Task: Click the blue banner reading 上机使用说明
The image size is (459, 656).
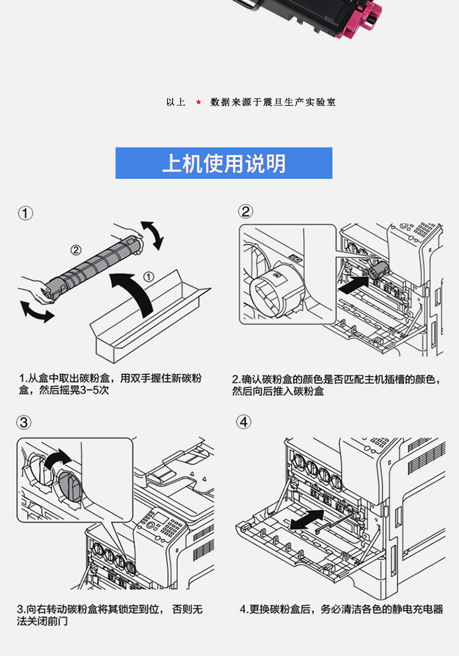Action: click(x=224, y=163)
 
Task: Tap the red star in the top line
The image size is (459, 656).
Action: click(x=198, y=102)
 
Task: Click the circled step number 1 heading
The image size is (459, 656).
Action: click(x=26, y=213)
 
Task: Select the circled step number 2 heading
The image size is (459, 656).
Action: click(x=245, y=212)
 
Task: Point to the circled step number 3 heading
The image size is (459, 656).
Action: click(x=24, y=422)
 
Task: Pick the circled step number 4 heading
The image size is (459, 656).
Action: click(x=245, y=422)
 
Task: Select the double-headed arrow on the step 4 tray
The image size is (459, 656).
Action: click(x=306, y=520)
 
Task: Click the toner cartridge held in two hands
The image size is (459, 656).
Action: click(x=92, y=267)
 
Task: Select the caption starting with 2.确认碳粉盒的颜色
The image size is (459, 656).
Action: click(x=337, y=385)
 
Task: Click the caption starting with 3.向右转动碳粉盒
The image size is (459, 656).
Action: click(x=110, y=615)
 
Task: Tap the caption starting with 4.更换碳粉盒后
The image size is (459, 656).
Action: click(x=341, y=610)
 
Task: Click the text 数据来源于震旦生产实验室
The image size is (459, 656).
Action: click(x=273, y=102)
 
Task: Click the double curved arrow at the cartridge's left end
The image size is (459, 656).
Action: click(x=37, y=309)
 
